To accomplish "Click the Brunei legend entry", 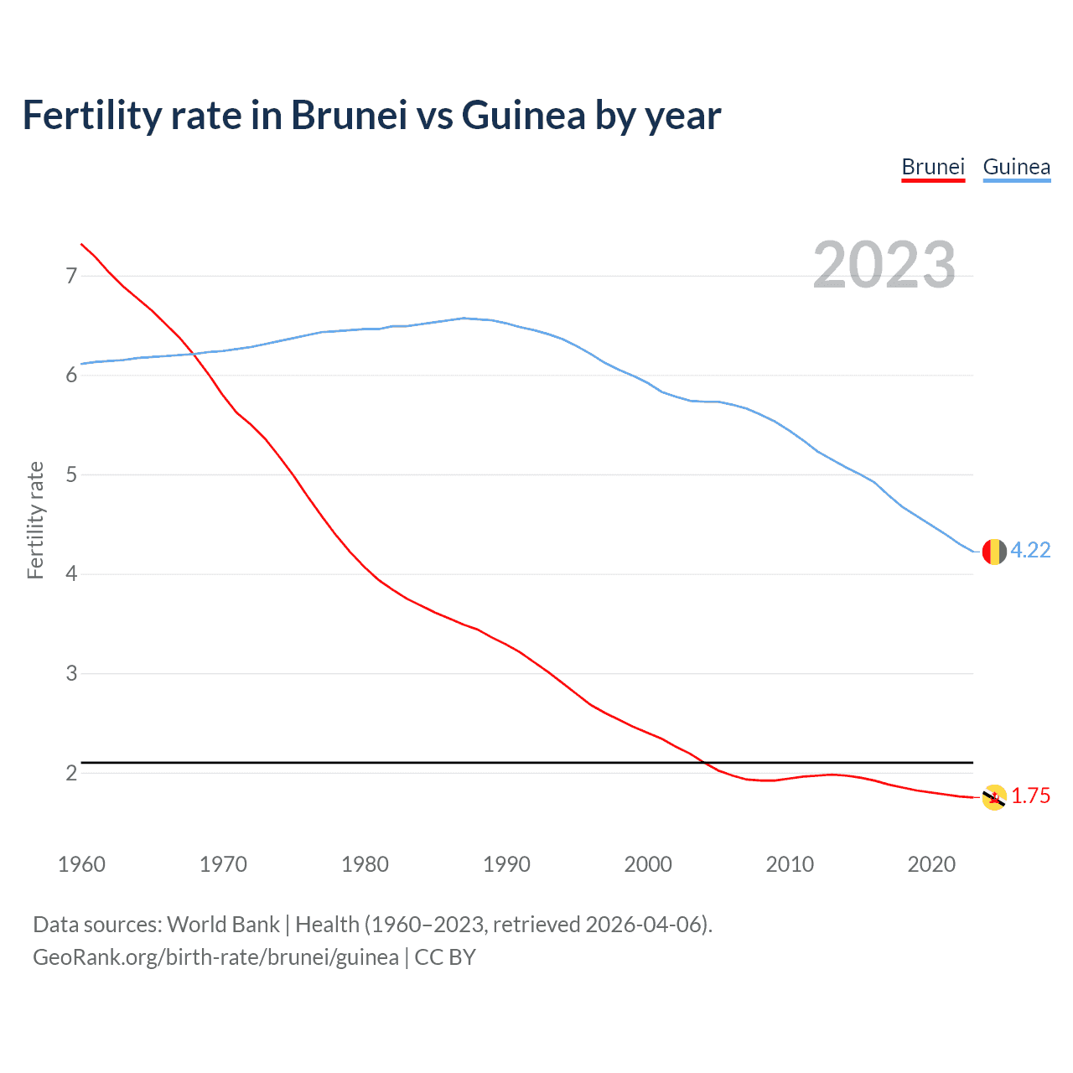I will pyautogui.click(x=933, y=167).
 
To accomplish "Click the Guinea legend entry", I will pyautogui.click(x=1016, y=167).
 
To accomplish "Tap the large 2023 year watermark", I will pyautogui.click(x=884, y=265).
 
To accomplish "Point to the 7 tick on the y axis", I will pyautogui.click(x=71, y=276).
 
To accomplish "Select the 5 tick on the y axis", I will pyautogui.click(x=71, y=474).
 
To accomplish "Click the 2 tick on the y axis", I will pyautogui.click(x=71, y=773).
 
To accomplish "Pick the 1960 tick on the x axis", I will pyautogui.click(x=81, y=864).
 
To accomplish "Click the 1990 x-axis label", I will pyautogui.click(x=506, y=864).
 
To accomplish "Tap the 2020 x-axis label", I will pyautogui.click(x=931, y=864).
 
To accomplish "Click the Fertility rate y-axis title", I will pyautogui.click(x=35, y=520).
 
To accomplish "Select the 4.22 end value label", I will pyautogui.click(x=1030, y=550).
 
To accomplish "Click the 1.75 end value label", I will pyautogui.click(x=1030, y=796).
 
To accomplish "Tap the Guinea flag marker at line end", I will pyautogui.click(x=994, y=552).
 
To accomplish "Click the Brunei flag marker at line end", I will pyautogui.click(x=994, y=797).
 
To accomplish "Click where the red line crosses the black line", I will pyautogui.click(x=705, y=763).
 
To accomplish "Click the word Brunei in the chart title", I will pyautogui.click(x=349, y=115).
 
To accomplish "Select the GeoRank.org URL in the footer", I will pyautogui.click(x=215, y=956).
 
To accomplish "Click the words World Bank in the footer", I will pyautogui.click(x=223, y=924).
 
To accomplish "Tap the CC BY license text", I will pyautogui.click(x=445, y=956).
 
